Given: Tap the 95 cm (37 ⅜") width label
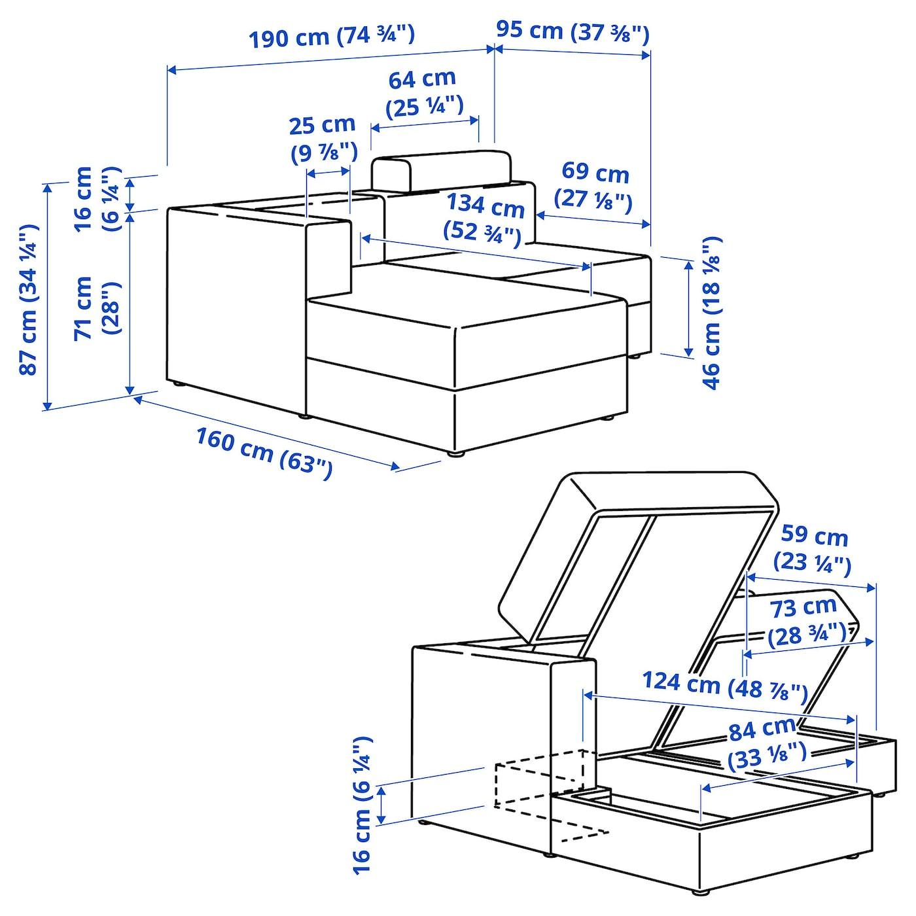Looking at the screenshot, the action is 572,32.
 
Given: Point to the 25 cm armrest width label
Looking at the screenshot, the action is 323,139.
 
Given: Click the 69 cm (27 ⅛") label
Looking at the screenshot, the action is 595,188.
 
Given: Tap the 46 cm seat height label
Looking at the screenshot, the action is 711,313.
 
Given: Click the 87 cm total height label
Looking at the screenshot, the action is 29,300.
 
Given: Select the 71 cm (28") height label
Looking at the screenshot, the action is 98,308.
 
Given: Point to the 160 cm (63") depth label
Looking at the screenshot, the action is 264,453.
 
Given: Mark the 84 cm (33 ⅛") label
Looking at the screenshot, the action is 767,744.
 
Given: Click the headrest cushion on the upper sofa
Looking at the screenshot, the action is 441,169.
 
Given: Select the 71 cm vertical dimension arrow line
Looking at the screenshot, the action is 130,303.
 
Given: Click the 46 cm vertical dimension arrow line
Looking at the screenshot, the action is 688,309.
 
